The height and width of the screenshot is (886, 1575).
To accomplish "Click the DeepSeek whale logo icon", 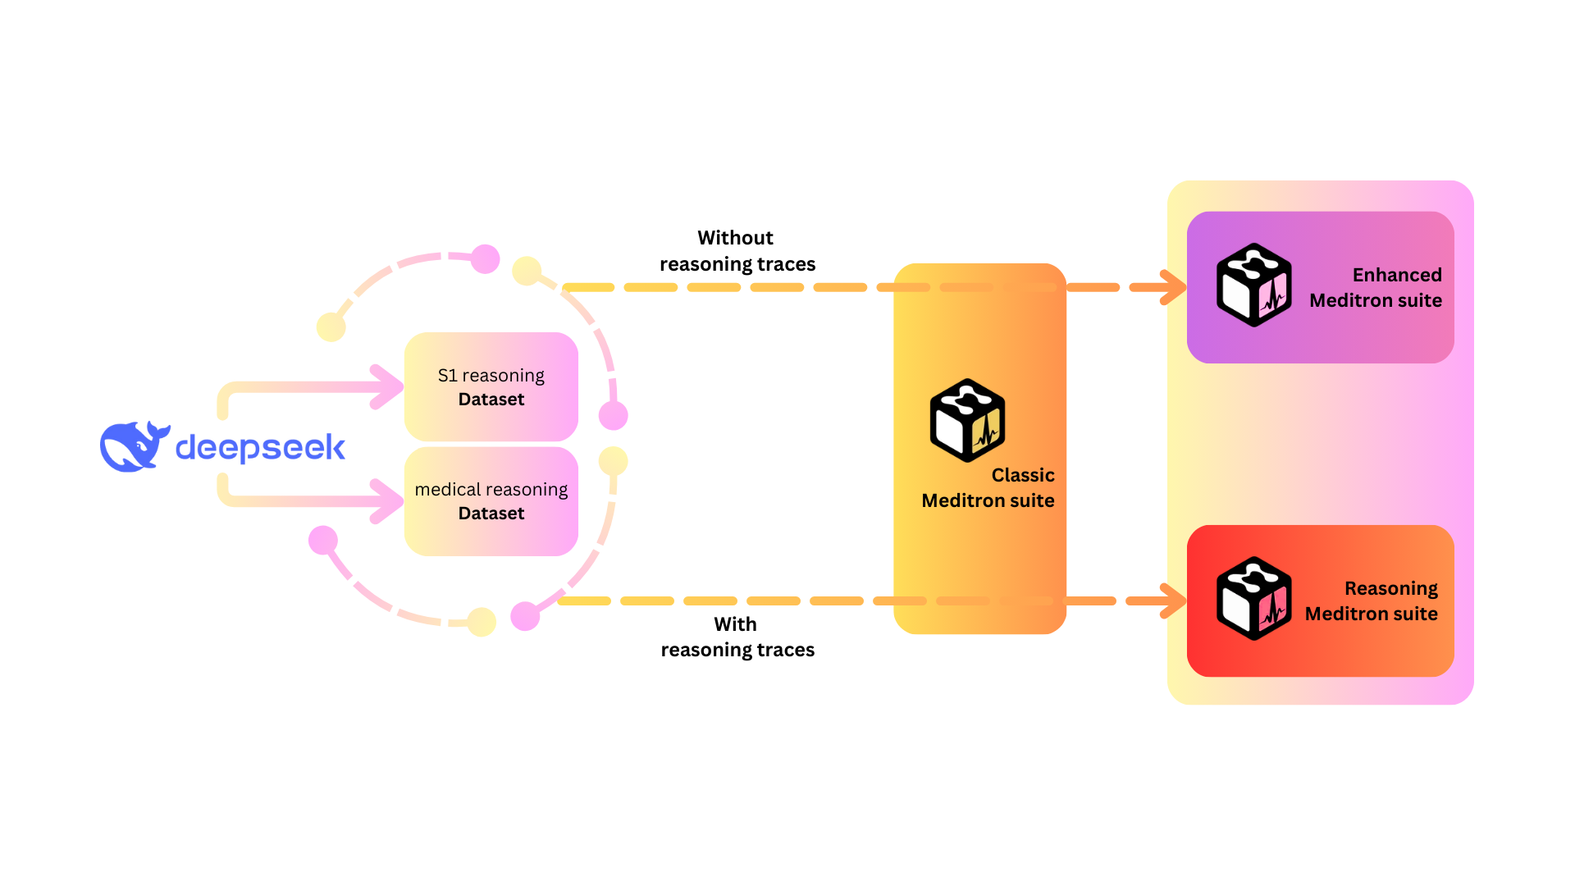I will [x=134, y=447].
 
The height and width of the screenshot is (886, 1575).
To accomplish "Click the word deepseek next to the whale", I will [x=260, y=448].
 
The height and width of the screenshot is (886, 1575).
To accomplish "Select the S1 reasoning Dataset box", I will [x=491, y=386].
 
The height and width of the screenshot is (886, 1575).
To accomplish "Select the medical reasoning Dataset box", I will [x=491, y=501].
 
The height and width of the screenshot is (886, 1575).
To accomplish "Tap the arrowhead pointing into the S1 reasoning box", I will [x=387, y=386].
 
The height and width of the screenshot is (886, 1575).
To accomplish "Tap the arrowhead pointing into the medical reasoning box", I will [x=387, y=500].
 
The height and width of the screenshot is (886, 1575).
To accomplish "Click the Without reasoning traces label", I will [x=737, y=251].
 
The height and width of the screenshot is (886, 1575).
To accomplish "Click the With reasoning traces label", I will [x=737, y=637].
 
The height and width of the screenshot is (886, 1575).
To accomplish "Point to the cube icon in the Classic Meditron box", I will [x=967, y=420].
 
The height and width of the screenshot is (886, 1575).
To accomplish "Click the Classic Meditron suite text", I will [x=988, y=488].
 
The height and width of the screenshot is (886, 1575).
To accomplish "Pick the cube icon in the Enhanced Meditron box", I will [x=1253, y=285].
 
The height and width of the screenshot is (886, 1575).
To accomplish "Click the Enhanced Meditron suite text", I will [x=1376, y=288].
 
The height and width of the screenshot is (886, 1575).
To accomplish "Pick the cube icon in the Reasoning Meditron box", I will [x=1253, y=599].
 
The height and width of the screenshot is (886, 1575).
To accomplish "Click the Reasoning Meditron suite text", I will [x=1372, y=601].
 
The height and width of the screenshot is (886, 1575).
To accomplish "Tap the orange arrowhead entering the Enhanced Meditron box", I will [x=1173, y=287].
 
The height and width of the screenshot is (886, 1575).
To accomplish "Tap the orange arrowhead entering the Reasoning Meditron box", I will [x=1173, y=601].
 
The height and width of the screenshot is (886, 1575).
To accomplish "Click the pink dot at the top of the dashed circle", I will [x=486, y=259].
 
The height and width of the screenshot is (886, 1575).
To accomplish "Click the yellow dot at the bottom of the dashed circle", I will [x=482, y=622].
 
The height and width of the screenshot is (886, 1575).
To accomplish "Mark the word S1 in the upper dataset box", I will [x=447, y=376].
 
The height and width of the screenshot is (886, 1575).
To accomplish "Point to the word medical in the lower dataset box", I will [x=447, y=490].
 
